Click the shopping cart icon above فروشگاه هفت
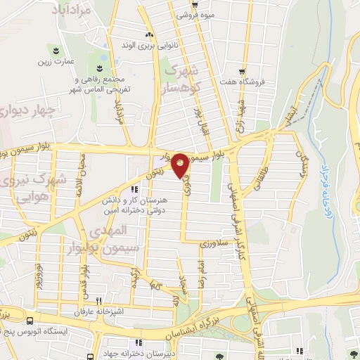pyautogui.click(x=243, y=71)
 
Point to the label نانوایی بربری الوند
pyautogui.click(x=148, y=45)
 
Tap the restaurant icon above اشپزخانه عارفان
pyautogui.click(x=98, y=300)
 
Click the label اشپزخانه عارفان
pyautogui.click(x=98, y=310)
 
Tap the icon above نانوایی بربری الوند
pyautogui.click(x=148, y=35)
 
